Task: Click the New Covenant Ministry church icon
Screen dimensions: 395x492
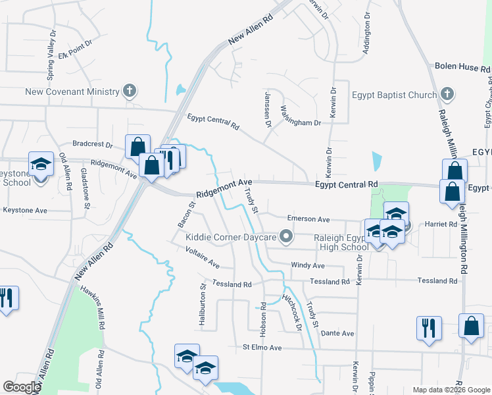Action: (130, 91)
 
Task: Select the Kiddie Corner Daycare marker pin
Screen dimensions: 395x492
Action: (285, 236)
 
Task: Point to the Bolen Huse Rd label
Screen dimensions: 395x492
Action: (463, 68)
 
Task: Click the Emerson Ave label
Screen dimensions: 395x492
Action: (308, 219)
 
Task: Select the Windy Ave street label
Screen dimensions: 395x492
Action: (308, 265)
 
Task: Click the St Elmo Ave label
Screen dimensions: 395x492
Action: (262, 348)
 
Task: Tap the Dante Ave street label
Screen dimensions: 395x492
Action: (338, 334)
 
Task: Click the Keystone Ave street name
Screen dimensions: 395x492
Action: (25, 211)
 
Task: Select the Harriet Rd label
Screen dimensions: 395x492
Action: (441, 224)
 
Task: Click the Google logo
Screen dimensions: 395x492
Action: (22, 387)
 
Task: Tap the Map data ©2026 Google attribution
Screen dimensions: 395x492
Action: (451, 390)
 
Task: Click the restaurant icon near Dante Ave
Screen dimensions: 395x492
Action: (429, 327)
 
